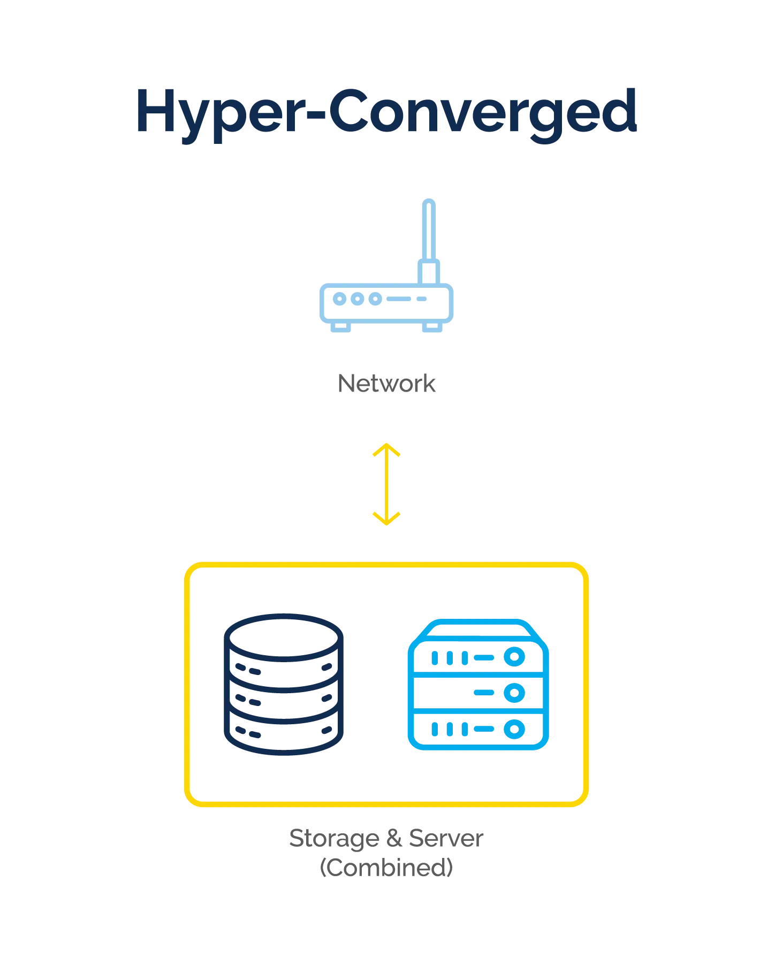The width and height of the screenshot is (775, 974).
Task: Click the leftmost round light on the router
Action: click(x=339, y=298)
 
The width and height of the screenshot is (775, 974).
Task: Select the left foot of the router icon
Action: click(x=339, y=327)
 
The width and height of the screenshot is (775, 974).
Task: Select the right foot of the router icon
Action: click(x=431, y=327)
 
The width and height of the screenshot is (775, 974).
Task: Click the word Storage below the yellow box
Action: click(x=332, y=839)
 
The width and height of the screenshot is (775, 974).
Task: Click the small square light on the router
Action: click(x=422, y=299)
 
